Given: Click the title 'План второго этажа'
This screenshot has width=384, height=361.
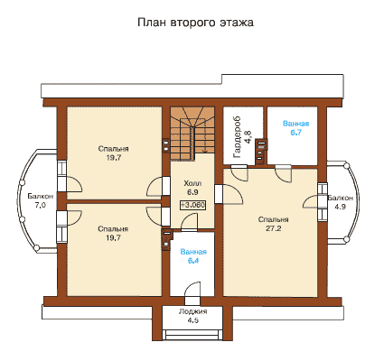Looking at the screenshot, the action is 195,23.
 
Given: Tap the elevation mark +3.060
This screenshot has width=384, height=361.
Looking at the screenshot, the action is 192,205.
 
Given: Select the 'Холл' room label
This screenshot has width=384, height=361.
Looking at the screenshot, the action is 192,183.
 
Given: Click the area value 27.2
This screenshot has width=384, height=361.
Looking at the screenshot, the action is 274,228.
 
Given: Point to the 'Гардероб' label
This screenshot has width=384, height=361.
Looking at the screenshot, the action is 238,137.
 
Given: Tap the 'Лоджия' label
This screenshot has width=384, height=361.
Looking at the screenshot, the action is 192,311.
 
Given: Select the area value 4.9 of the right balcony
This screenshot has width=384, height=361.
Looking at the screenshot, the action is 341,207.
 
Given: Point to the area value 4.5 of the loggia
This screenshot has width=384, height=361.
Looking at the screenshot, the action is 192,320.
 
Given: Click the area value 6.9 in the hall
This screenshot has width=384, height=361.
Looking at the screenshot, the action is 192,192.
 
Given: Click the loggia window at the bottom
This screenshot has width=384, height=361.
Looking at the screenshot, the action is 192,335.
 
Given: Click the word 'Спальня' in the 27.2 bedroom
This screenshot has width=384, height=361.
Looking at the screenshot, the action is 274,219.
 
